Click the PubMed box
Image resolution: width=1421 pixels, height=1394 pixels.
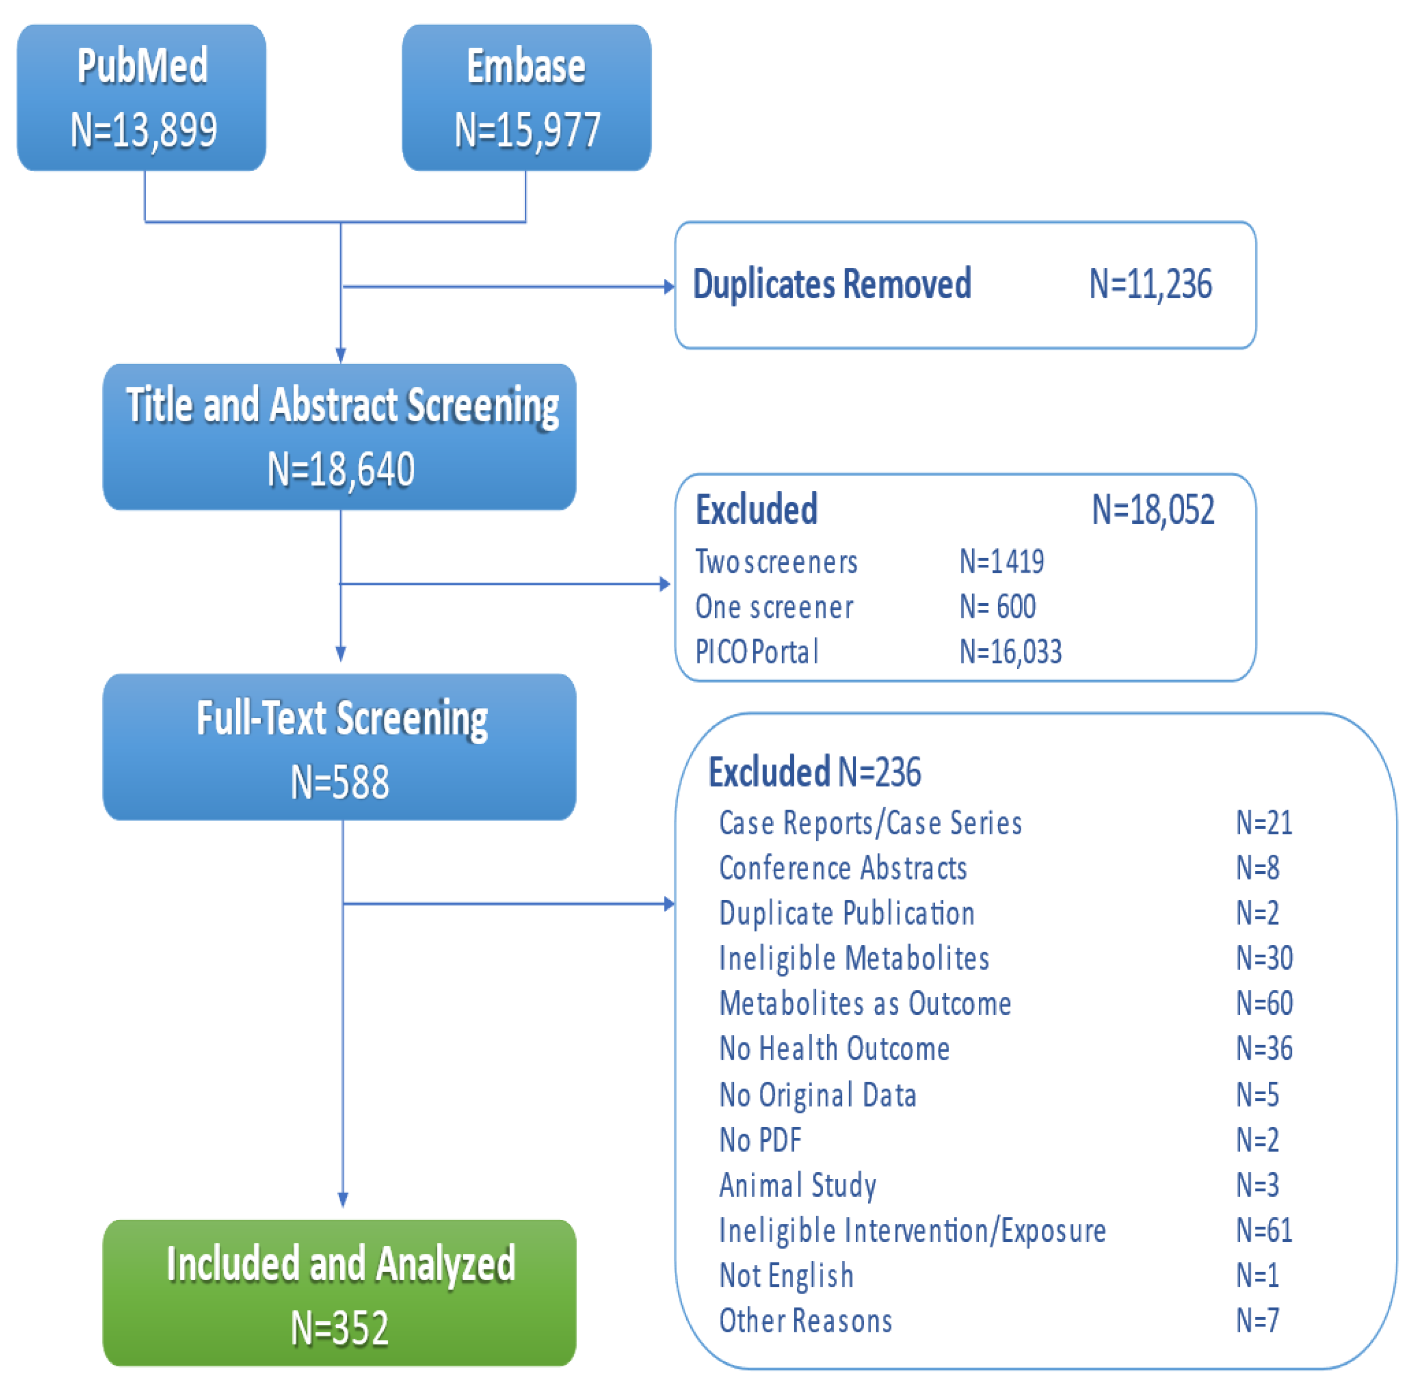coord(141,97)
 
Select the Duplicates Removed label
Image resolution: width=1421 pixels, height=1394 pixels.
coord(832,284)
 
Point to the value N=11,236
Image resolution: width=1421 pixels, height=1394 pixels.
coord(1149,284)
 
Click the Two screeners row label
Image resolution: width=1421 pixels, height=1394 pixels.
coord(776,562)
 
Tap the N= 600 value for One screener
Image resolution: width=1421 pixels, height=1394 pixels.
coord(997,607)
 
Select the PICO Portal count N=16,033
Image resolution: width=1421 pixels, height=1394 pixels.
coord(1011,651)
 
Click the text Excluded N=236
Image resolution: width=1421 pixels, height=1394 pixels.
coord(814,772)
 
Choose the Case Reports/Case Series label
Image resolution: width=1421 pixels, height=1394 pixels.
coord(870,823)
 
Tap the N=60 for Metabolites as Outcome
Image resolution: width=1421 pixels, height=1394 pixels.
coord(1264,1003)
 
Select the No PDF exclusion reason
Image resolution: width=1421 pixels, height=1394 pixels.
coord(760,1140)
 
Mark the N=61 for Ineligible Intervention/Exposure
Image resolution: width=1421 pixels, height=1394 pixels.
coord(1264,1231)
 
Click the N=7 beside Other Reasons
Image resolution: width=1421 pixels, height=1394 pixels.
coord(1257,1321)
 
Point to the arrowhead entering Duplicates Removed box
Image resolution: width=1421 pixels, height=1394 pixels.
coord(668,286)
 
